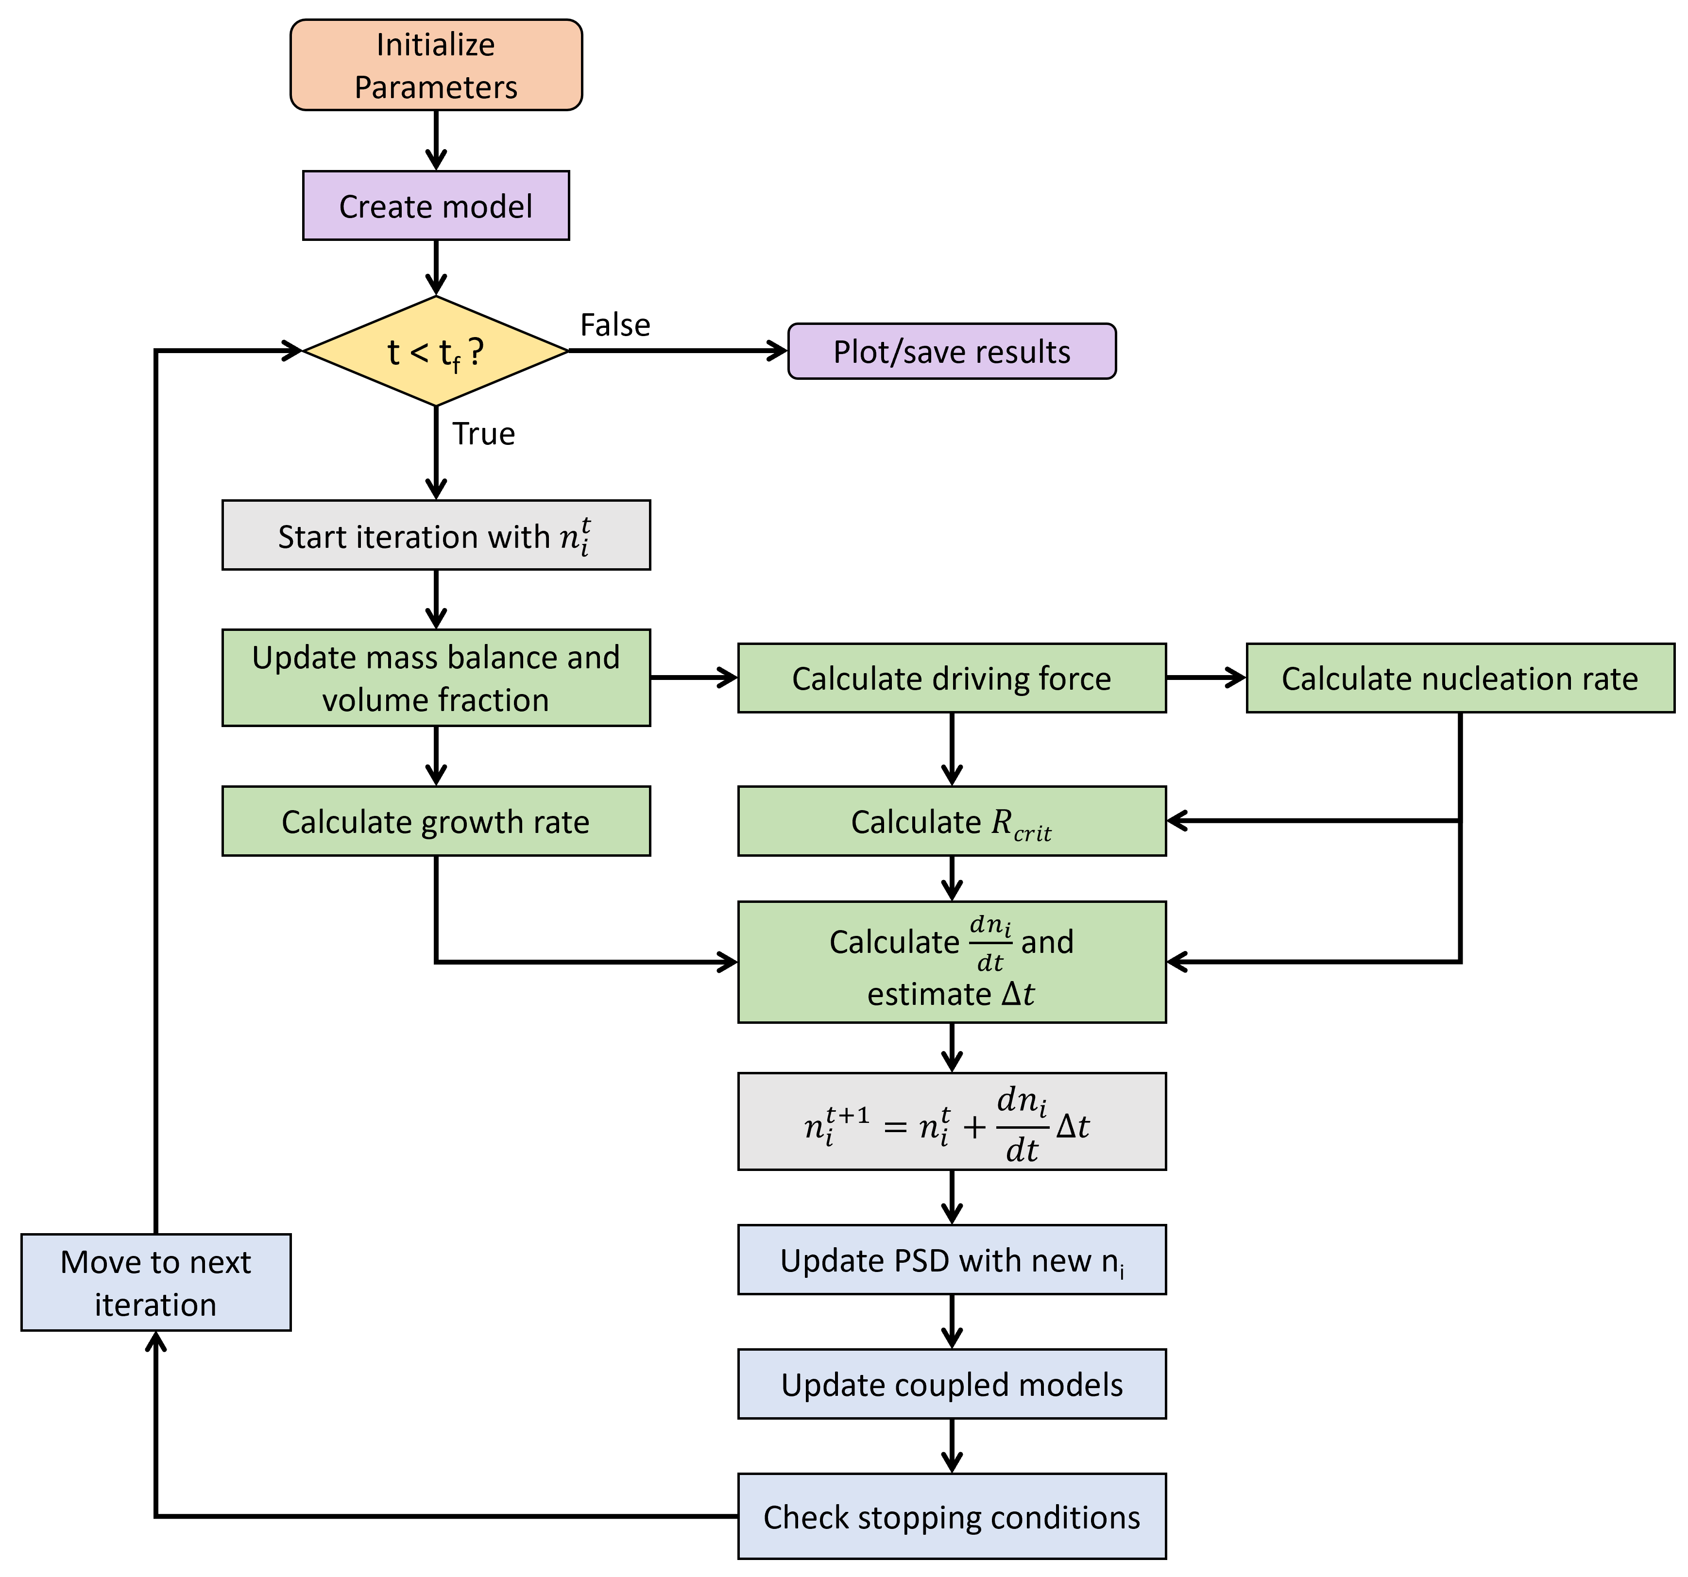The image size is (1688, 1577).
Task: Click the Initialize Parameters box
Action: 436,66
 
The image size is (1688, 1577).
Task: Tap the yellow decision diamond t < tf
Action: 436,351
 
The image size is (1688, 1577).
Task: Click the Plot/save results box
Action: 951,351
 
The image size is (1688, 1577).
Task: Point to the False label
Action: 615,325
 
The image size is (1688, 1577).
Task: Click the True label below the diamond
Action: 483,434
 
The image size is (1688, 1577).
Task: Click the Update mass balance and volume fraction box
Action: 436,678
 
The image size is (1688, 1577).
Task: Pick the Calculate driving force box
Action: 951,678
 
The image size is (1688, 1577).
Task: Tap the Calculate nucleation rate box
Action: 1460,678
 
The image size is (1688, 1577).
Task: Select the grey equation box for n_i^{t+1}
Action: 951,1121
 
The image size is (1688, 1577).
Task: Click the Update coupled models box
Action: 951,1384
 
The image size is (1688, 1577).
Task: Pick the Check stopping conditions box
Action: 951,1517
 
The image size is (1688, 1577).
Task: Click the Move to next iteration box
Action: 155,1283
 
